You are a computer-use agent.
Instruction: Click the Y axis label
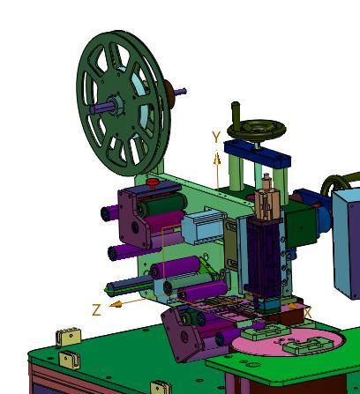coord(216,137)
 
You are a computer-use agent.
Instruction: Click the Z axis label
coord(96,309)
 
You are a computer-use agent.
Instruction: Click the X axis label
coord(307,313)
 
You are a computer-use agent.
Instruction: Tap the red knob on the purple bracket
coord(153,182)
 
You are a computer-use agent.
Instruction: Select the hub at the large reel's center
coord(116,105)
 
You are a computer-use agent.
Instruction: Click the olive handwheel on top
coord(257,129)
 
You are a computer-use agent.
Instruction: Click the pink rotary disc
coord(289,342)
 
